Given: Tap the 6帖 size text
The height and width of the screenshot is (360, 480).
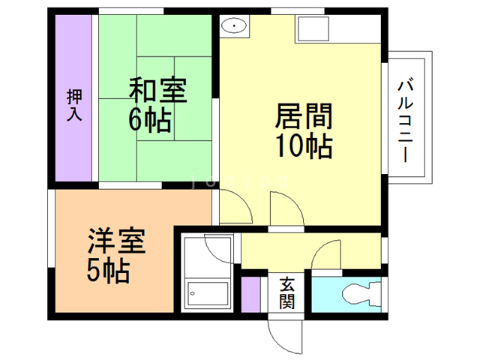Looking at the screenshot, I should pos(150,120).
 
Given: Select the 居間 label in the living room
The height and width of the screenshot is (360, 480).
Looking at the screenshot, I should pos(304,117).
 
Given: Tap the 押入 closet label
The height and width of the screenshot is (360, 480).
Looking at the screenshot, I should pos(74,105).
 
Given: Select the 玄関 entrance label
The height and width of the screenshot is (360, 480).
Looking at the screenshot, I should pos(287,293).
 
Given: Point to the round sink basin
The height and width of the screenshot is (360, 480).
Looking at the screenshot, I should pos(235,26).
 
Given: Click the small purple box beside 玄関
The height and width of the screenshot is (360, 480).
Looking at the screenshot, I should pos(250,293).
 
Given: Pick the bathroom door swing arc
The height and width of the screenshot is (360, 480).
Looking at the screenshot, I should pos(222,247).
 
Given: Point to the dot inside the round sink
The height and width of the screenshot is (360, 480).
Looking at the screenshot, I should pos(235,26).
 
